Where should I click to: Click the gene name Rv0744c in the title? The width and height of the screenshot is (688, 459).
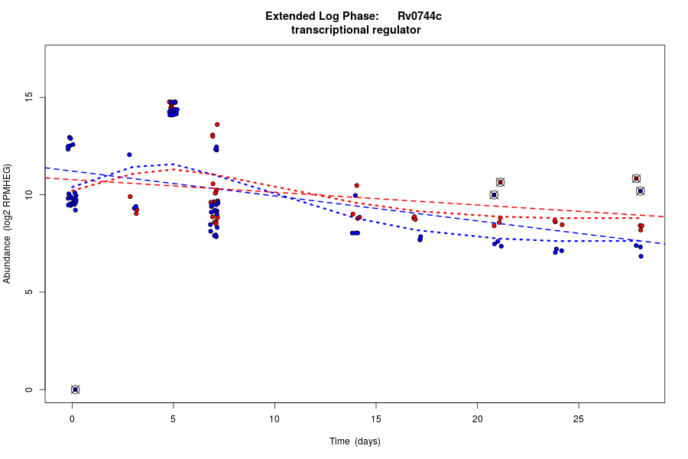(x=419, y=16)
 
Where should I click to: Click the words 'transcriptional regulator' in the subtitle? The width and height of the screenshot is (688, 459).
(x=355, y=30)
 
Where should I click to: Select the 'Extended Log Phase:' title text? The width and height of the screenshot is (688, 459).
(x=322, y=16)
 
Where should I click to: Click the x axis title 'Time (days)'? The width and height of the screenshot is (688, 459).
(x=355, y=441)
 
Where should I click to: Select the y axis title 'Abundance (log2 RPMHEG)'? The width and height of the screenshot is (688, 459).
(x=7, y=223)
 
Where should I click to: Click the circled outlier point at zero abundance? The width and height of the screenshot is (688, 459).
(x=75, y=389)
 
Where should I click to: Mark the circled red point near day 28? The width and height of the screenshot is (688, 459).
(x=636, y=178)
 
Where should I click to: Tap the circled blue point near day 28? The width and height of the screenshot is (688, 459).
(x=641, y=190)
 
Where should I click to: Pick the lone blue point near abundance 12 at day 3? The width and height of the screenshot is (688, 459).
(x=129, y=155)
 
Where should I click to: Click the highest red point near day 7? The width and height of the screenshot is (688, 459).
(x=217, y=124)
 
